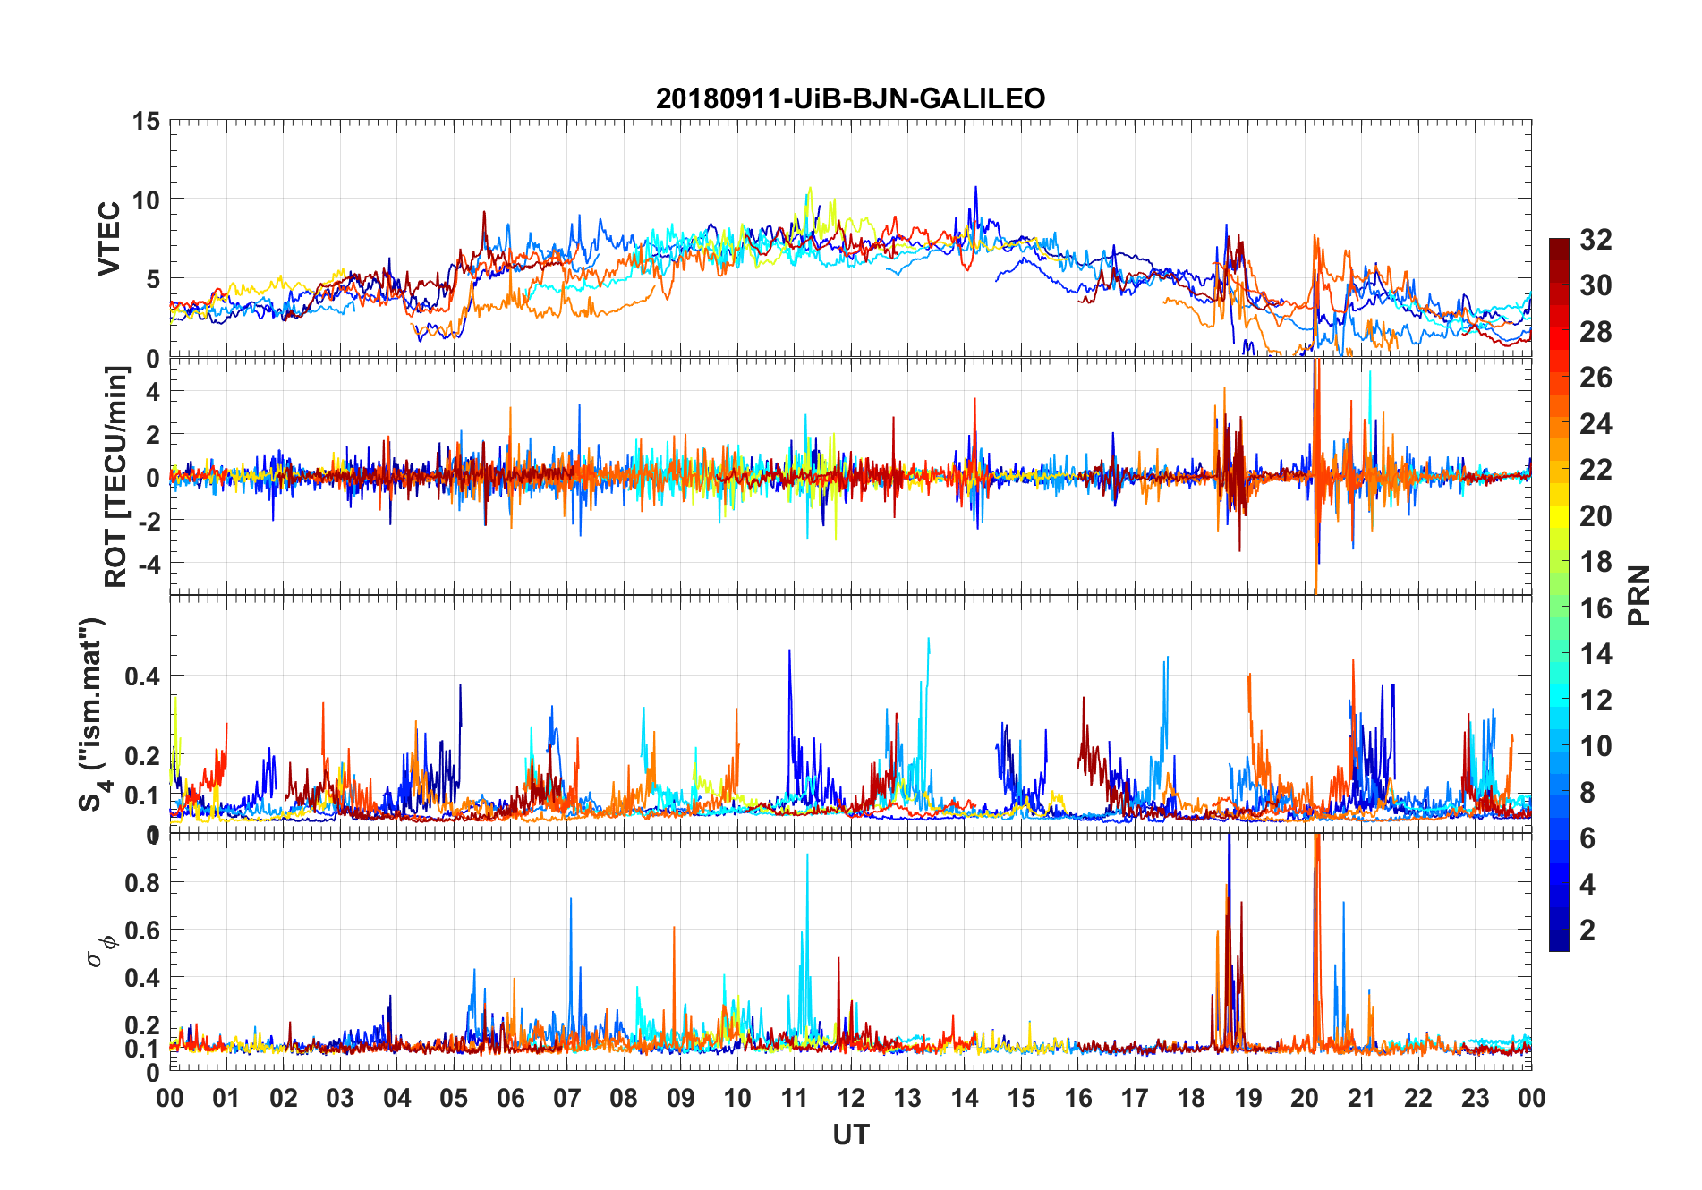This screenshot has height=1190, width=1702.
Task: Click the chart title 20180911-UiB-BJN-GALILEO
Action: (850, 98)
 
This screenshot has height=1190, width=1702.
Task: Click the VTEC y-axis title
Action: (109, 239)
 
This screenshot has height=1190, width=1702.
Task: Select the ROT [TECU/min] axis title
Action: (116, 476)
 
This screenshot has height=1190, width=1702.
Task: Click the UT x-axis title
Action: (850, 1135)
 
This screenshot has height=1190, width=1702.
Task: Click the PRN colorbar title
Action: (1638, 595)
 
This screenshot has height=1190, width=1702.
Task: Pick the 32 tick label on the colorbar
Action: (1596, 240)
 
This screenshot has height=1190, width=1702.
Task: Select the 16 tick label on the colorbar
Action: (1596, 608)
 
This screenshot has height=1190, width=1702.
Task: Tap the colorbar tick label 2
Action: (1587, 931)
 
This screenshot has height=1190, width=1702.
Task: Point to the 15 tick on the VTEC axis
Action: (146, 122)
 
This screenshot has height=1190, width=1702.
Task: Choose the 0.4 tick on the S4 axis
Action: (142, 676)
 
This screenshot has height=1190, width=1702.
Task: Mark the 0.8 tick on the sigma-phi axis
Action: (142, 883)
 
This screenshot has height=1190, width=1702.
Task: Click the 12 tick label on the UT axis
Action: (850, 1099)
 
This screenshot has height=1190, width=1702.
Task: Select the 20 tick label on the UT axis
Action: (1305, 1099)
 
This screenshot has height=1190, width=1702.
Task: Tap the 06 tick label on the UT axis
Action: (510, 1099)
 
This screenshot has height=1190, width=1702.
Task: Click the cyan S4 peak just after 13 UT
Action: (928, 640)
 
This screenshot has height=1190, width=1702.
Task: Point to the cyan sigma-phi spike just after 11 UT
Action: (807, 856)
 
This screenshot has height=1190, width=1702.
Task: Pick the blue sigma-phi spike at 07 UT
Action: (571, 900)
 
